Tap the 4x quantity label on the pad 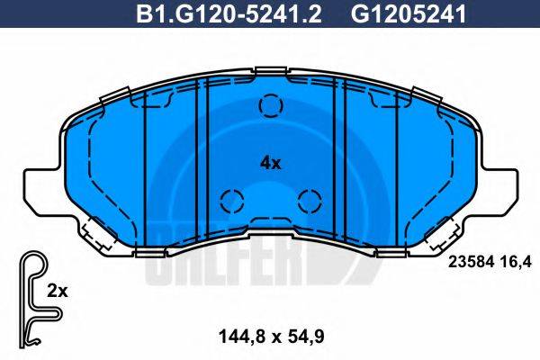coord(270,163)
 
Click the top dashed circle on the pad coord(270,106)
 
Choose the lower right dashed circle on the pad coord(308,201)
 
